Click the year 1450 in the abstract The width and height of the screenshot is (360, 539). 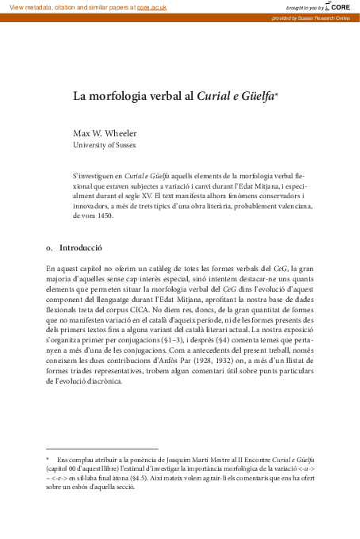[103, 215]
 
